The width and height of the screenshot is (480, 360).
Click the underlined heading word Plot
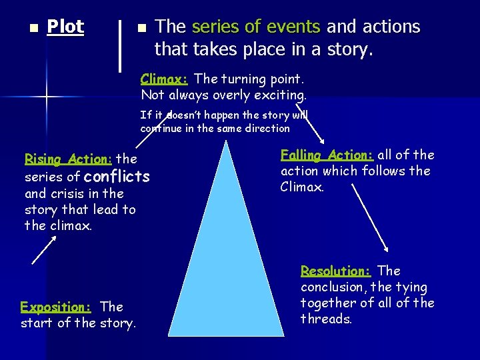(65, 27)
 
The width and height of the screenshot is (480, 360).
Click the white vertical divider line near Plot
(119, 45)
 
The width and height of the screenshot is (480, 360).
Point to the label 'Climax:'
(164, 79)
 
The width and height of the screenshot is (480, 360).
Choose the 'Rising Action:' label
(68, 159)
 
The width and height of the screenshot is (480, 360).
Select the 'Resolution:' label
(335, 271)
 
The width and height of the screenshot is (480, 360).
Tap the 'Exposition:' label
(55, 307)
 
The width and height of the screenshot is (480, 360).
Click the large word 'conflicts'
(117, 177)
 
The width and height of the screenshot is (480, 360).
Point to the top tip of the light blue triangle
(227, 141)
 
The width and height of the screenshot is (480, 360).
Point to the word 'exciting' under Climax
(283, 95)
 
